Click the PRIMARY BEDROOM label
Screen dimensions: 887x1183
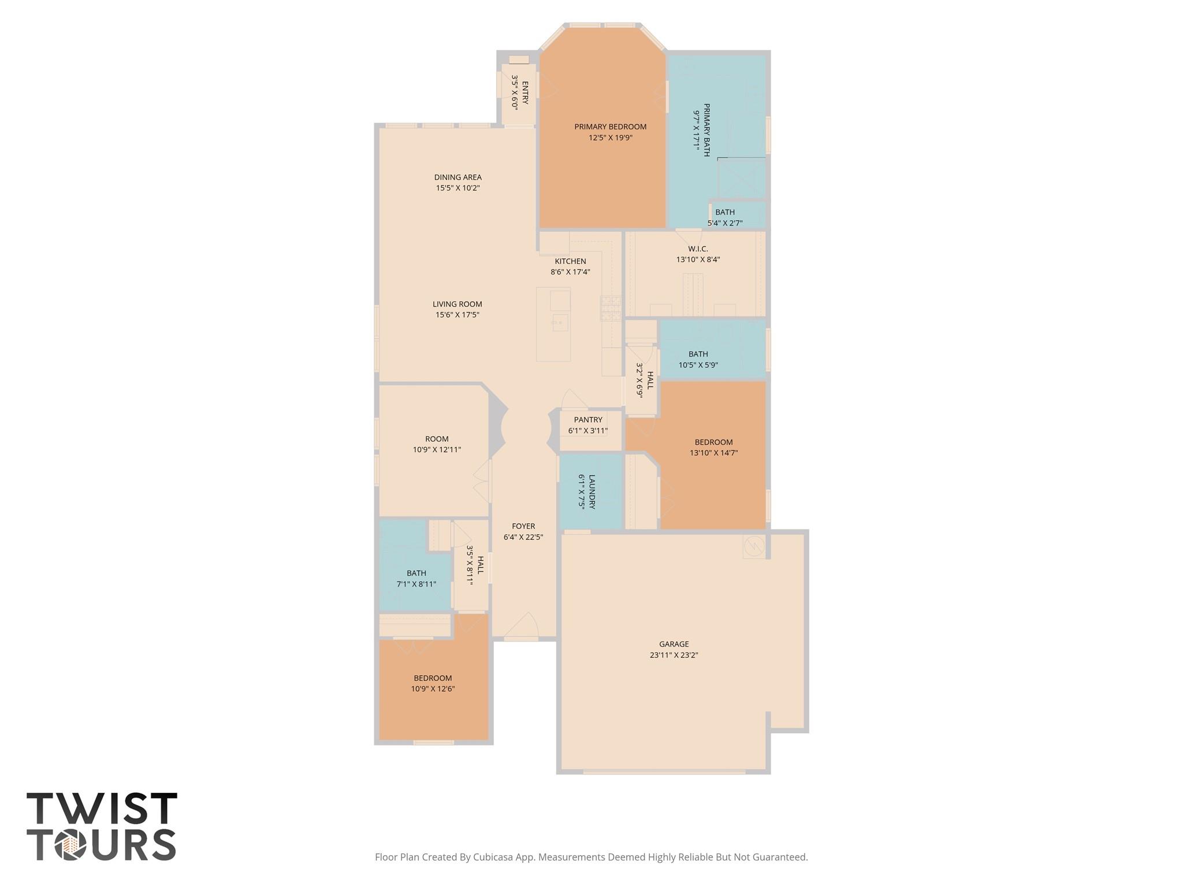tap(610, 127)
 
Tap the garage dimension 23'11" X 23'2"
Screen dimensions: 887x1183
tap(674, 655)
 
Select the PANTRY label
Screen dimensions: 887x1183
tap(588, 420)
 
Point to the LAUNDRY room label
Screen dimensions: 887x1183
tap(591, 491)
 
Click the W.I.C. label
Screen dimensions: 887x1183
tap(698, 249)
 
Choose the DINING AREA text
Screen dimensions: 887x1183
tap(457, 177)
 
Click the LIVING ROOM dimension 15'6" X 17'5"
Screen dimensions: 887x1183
tap(457, 315)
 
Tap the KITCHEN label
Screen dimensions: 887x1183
tap(570, 261)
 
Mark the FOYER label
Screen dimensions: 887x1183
tap(523, 526)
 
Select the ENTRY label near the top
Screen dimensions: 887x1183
tap(525, 92)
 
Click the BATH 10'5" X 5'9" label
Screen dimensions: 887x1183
tap(698, 354)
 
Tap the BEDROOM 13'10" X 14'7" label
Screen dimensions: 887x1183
tap(713, 442)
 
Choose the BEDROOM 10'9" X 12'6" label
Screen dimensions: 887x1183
tap(433, 678)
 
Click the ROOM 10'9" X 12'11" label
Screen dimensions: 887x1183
tap(437, 439)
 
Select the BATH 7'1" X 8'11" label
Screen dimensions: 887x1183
tap(416, 573)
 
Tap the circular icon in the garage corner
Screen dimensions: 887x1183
tap(754, 546)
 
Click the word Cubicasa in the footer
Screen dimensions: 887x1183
tap(494, 857)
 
